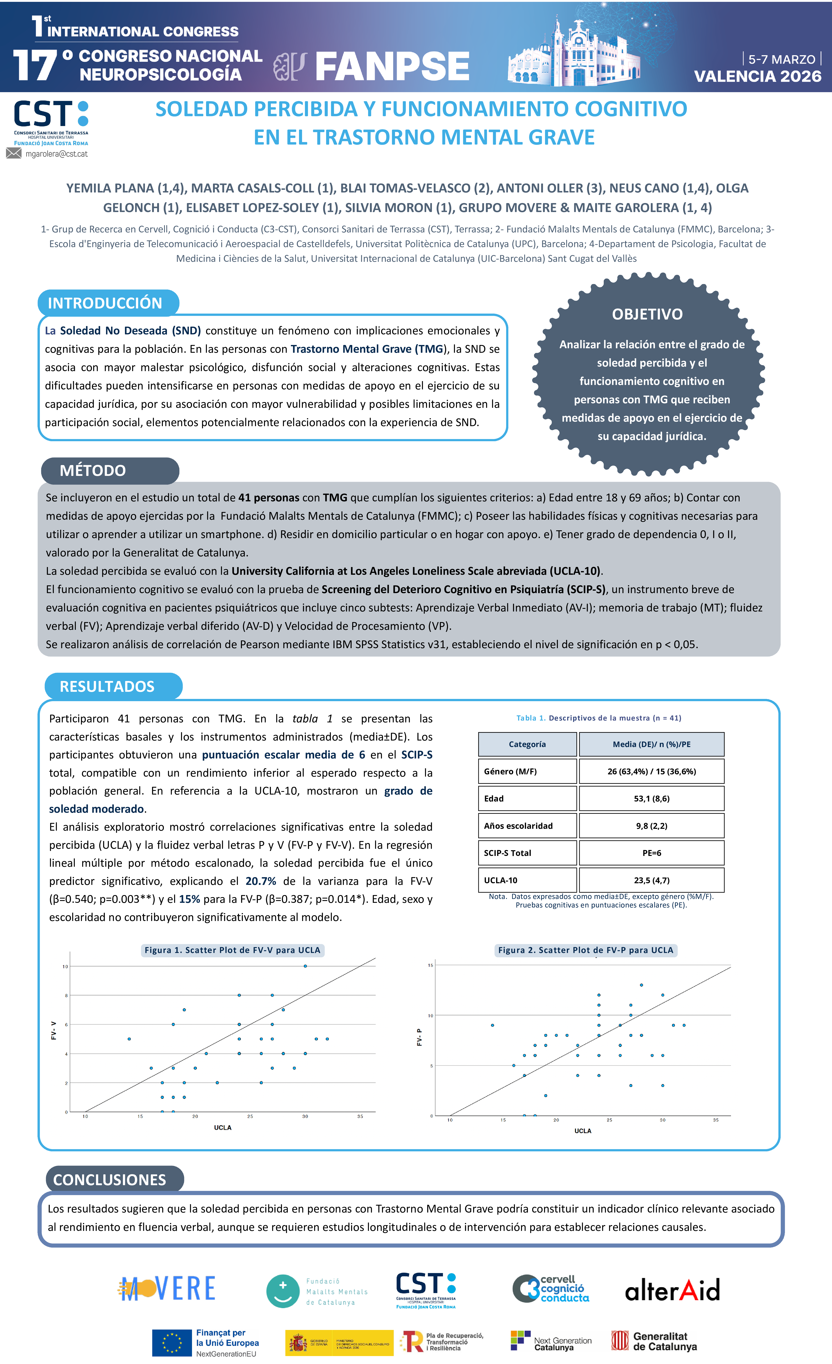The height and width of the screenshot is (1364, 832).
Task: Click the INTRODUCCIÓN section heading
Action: coord(105,303)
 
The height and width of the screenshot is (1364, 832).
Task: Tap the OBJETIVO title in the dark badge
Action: coord(647,314)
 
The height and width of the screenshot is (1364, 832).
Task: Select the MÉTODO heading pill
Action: coord(93,471)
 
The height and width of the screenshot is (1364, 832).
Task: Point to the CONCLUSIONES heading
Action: coord(110,1180)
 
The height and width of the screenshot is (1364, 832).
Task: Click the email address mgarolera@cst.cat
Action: coord(56,154)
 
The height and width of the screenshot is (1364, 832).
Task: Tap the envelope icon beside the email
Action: coord(14,153)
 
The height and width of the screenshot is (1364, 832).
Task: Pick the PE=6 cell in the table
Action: coord(652,853)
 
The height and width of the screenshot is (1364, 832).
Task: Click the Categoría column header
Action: coord(527,745)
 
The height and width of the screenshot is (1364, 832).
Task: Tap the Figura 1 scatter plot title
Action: coord(233,950)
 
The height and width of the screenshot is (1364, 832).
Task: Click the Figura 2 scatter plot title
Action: coord(586,950)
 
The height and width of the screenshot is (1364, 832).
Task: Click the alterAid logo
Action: coord(672,1290)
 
